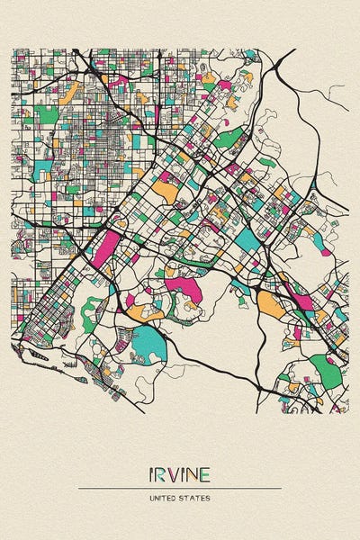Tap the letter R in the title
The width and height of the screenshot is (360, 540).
[x=162, y=474]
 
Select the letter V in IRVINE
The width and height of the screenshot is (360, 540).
[x=174, y=474]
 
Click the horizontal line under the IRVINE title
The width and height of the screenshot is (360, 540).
[x=180, y=488]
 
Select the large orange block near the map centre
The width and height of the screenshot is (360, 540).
[x=166, y=190]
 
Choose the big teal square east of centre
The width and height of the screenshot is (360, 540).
[x=246, y=238]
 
